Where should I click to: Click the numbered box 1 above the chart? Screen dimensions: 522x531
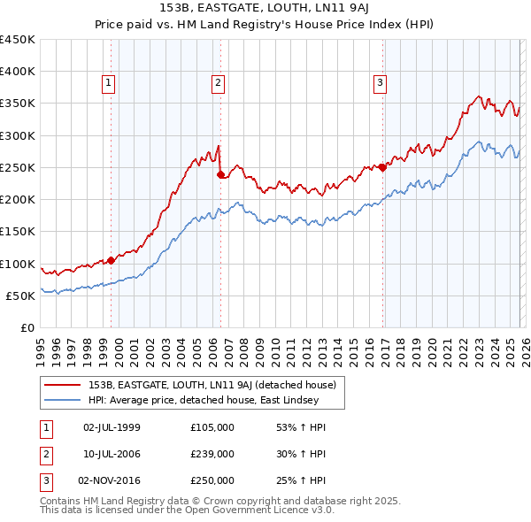(107, 84)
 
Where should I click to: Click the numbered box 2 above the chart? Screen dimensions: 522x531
(217, 84)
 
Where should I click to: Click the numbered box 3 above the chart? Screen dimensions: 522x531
(379, 84)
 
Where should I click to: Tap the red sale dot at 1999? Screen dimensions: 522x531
(111, 260)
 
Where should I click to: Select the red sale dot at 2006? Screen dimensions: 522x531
(220, 174)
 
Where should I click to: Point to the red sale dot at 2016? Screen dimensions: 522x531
(382, 167)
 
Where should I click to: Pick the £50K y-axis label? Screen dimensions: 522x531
(20, 296)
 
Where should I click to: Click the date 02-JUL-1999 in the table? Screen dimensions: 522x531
(111, 426)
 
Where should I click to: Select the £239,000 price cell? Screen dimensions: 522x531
(212, 454)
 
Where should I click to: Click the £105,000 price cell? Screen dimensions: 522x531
(212, 426)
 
